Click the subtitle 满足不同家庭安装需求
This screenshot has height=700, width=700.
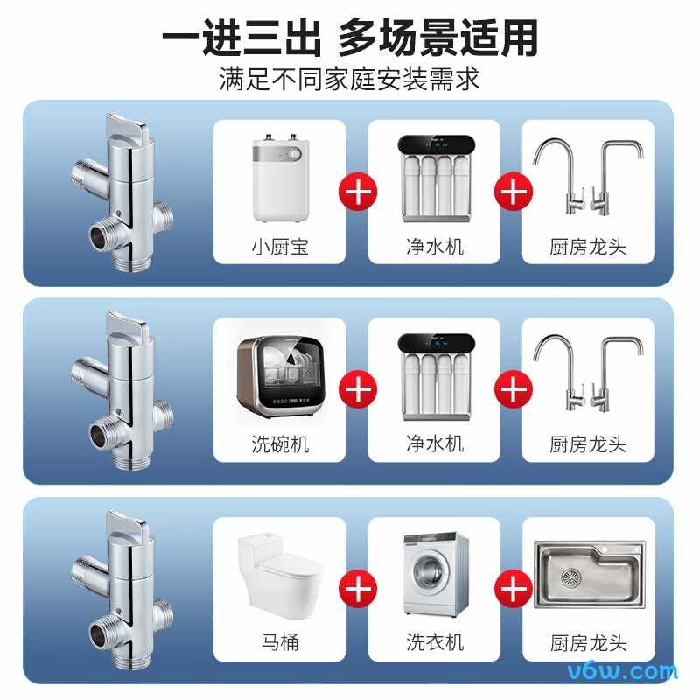349,80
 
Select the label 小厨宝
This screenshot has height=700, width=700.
279,247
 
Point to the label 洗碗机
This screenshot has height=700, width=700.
279,444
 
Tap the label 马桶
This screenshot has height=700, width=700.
279,642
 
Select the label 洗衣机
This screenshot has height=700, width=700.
433,642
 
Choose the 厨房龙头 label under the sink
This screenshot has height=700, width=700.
588,643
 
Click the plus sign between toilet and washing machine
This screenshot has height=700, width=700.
357,589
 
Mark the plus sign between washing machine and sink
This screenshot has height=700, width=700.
511,589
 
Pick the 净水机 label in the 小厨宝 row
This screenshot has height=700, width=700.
433,247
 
